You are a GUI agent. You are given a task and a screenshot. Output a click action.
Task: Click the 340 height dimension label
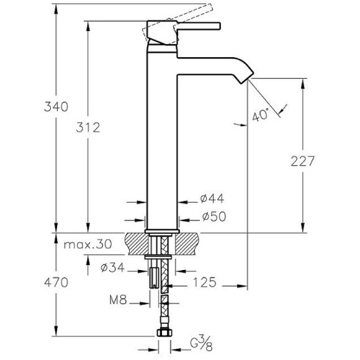click(56, 107)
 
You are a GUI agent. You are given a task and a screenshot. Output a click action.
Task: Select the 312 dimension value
click(88, 127)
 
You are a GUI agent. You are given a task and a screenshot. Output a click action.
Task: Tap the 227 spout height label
click(302, 161)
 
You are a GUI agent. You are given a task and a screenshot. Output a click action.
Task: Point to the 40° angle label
click(261, 114)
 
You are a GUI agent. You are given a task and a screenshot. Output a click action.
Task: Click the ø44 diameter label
click(212, 199)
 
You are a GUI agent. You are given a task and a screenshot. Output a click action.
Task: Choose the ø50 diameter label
click(214, 216)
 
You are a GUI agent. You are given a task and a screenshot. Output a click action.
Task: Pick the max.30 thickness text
click(88, 245)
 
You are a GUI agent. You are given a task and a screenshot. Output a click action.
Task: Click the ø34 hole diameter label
click(112, 268)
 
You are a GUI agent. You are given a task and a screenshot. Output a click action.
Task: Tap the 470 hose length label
click(56, 282)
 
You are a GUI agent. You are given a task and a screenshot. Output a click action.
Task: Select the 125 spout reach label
click(205, 282)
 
